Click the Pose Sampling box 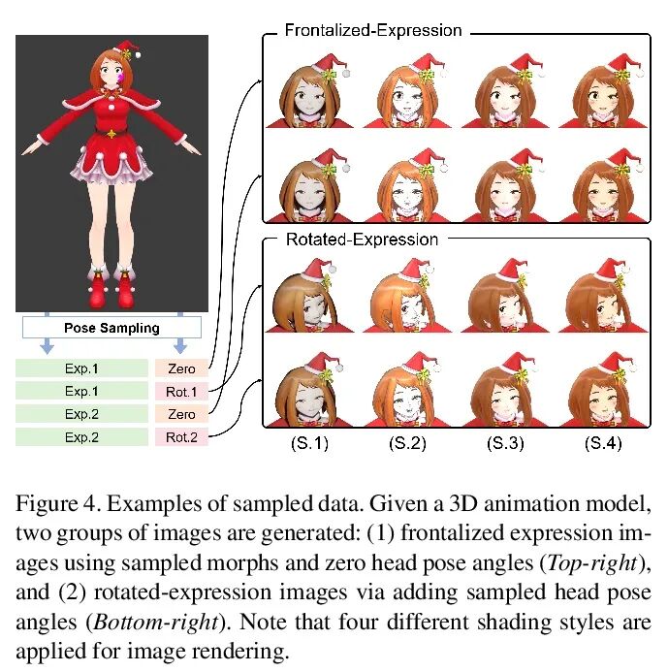click(x=111, y=328)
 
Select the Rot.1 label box click(x=181, y=391)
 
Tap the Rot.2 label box click(x=181, y=436)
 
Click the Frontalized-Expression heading click(x=372, y=31)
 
